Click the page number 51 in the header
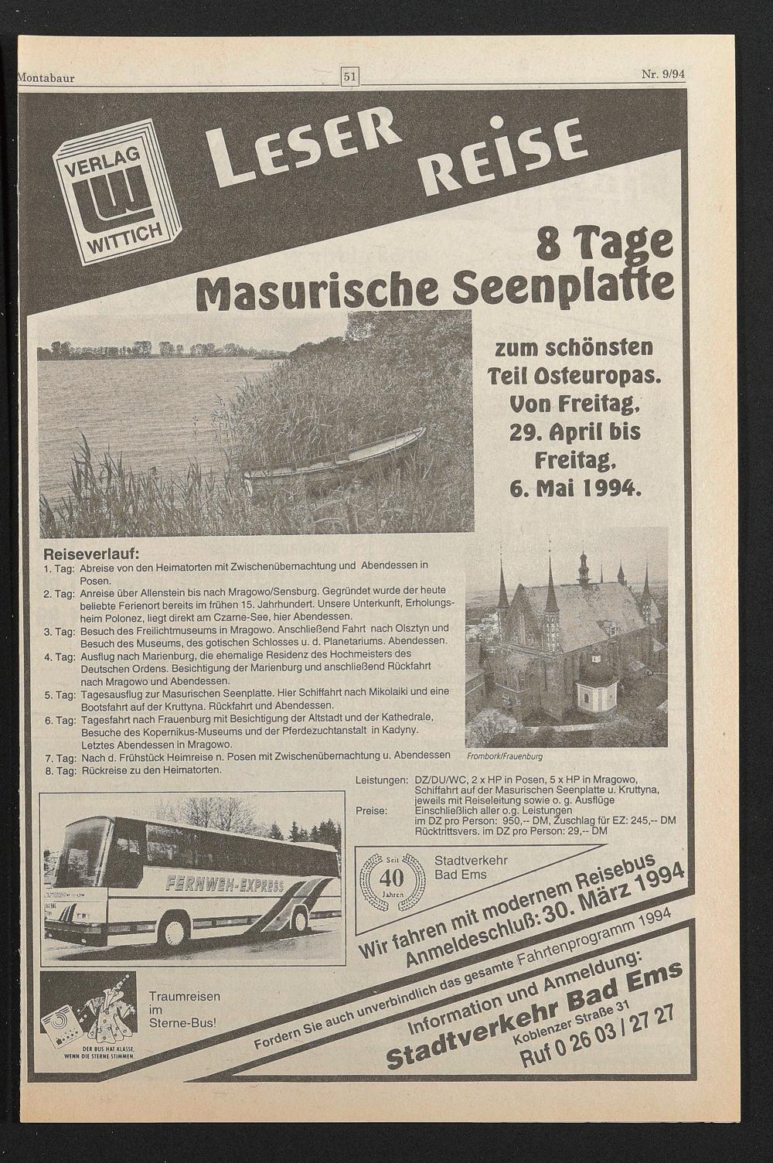(350, 76)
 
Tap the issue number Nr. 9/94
(664, 75)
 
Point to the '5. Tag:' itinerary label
(59, 695)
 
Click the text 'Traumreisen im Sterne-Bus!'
(184, 1009)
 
